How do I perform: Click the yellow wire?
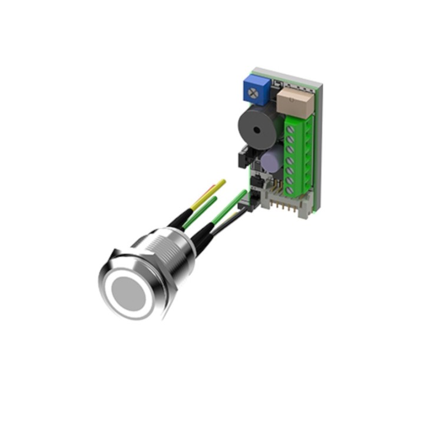[214, 191]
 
